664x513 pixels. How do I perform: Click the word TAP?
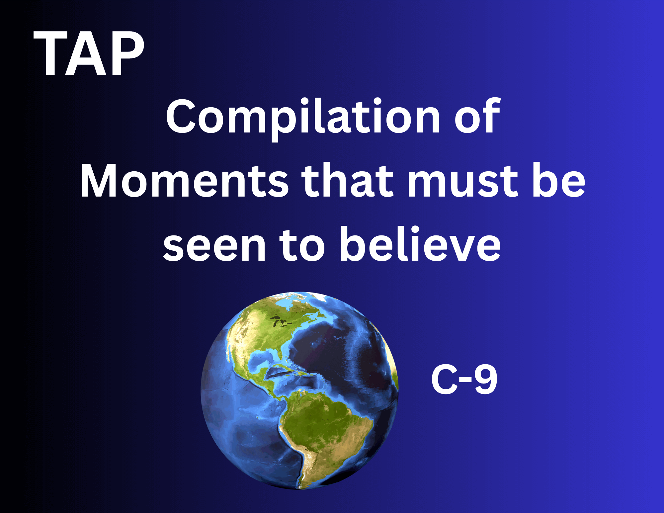coord(89,53)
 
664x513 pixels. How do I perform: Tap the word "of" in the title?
coord(477,116)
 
